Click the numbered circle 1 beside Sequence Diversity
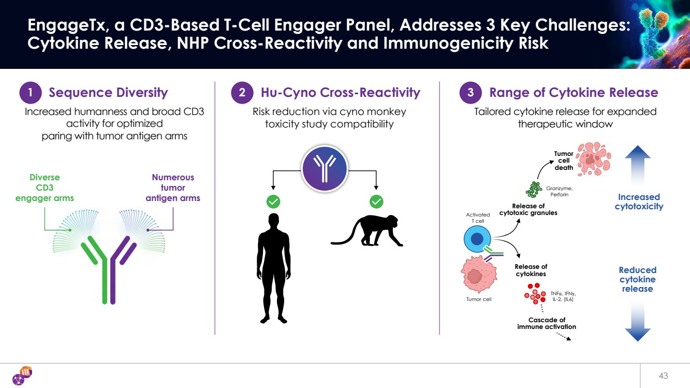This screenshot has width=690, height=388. pos(31,93)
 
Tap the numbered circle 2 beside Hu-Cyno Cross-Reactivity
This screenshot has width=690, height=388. pos(243,93)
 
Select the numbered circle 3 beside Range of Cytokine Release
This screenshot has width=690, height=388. pos(471,93)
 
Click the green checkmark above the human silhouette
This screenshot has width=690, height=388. pos(273,201)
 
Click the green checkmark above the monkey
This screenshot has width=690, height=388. pos(376,201)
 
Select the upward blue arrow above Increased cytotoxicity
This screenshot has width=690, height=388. pos(637,165)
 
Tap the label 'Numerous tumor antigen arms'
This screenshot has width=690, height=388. pos(173,188)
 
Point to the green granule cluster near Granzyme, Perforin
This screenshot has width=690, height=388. pos(533,189)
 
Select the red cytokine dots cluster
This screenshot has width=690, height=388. pos(536,294)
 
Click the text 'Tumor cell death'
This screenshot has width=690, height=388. pos(564,161)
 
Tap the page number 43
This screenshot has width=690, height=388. pos(664,375)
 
